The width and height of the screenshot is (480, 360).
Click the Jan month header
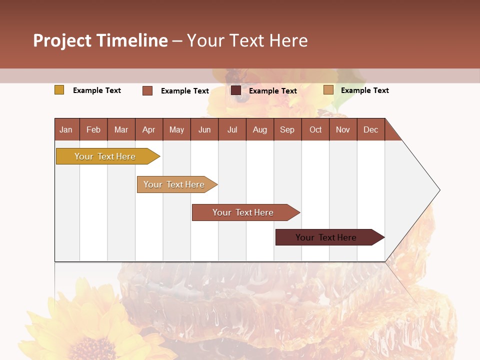pos(66,129)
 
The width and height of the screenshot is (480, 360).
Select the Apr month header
pos(148,129)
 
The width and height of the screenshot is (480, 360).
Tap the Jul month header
pos(232,129)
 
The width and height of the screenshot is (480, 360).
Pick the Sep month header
pos(287,129)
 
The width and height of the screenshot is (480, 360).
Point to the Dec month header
pos(370,129)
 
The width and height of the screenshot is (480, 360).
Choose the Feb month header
pos(93,129)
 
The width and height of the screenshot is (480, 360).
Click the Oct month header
pos(315,129)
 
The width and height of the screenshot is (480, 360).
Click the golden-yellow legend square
pos(59,90)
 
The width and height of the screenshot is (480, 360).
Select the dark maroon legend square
pos(236,90)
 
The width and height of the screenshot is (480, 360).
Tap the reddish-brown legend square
pos(147,90)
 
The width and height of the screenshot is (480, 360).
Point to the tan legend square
pos(328,90)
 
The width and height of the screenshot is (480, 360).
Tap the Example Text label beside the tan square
pos(364,90)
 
